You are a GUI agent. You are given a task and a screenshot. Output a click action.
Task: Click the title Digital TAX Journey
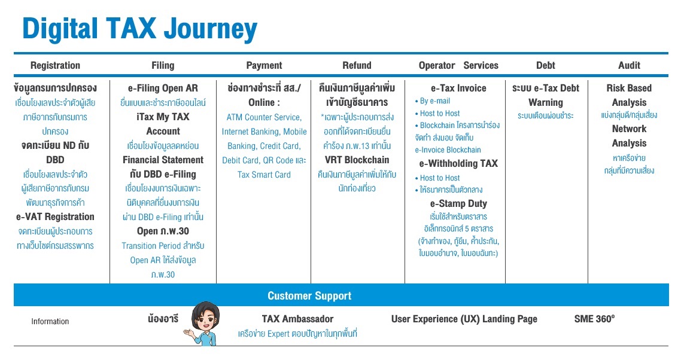point(139,29)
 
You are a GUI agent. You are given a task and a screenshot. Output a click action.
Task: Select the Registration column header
point(55,66)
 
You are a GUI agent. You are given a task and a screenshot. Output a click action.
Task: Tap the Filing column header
point(163,66)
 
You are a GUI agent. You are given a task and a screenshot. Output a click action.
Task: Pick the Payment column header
point(264,66)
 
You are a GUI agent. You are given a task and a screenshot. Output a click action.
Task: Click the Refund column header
point(357,66)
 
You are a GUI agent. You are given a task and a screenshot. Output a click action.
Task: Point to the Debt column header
point(546,66)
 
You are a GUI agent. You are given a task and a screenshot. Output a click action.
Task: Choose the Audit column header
point(629,66)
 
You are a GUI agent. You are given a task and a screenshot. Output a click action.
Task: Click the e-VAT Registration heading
point(55,216)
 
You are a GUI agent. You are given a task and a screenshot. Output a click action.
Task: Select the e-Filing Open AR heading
point(163,88)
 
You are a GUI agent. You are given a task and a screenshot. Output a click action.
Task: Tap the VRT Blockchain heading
point(357,160)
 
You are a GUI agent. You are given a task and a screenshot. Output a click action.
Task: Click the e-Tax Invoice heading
point(458,88)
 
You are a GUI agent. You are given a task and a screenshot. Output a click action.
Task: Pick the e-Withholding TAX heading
point(458,164)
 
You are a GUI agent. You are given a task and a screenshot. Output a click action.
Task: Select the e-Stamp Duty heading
point(458,204)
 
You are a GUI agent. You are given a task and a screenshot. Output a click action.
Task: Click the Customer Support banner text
point(309,296)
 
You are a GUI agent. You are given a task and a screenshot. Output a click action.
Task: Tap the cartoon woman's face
point(205,321)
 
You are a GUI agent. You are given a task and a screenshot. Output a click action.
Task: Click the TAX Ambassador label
point(297,319)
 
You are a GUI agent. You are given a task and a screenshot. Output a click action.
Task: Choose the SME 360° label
point(594,319)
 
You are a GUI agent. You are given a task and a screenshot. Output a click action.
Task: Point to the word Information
point(50,321)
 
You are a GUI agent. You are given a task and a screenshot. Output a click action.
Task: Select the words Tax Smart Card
point(264,175)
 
